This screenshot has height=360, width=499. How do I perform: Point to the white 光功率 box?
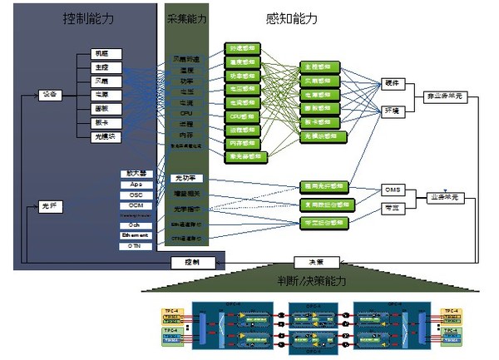[185, 179]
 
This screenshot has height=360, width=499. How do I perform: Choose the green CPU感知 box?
[245, 117]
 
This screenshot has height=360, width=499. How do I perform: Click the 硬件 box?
[393, 83]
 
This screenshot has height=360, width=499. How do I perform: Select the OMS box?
[393, 190]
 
